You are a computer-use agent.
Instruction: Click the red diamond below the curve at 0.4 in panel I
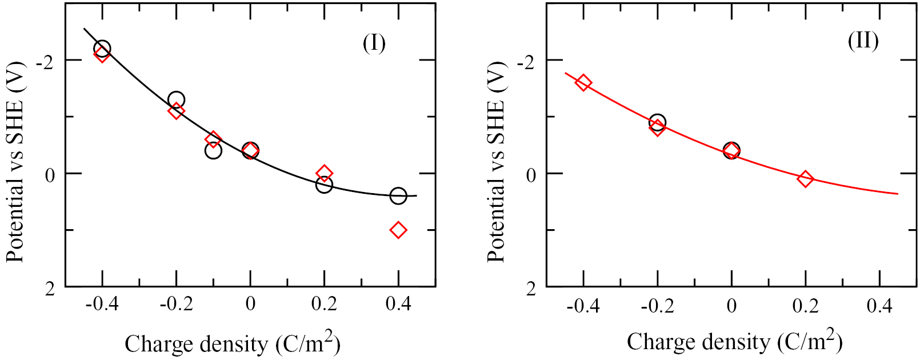tap(398, 230)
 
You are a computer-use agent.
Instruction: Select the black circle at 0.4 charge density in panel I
tap(398, 196)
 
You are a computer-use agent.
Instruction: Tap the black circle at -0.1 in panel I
tap(213, 151)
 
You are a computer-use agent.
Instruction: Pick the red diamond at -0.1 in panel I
tap(213, 139)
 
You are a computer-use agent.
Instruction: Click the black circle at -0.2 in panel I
tap(176, 100)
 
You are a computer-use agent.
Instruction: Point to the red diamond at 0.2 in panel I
tap(324, 173)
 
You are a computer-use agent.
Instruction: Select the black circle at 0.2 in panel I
tap(324, 185)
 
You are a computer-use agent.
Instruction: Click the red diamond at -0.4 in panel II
tap(583, 83)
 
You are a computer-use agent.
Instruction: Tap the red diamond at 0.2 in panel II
tap(805, 179)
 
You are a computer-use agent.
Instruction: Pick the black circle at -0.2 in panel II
tap(657, 122)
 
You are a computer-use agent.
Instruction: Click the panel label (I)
tap(374, 43)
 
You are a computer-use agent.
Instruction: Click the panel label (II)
tap(863, 41)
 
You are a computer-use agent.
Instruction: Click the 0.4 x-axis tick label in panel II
tap(879, 306)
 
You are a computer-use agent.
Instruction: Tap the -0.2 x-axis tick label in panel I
tap(175, 304)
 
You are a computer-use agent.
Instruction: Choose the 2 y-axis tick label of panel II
tap(531, 289)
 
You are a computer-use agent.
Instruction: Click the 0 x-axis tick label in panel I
tap(250, 304)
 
